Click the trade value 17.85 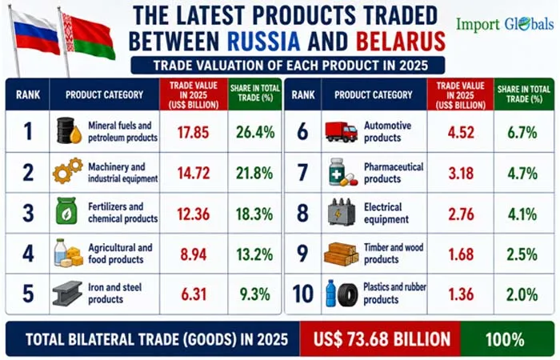(x=194, y=132)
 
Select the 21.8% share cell (x=254, y=174)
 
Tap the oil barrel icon (x=70, y=130)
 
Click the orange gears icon (x=68, y=170)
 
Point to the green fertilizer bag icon (x=66, y=211)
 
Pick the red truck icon (x=341, y=132)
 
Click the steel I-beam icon (x=67, y=293)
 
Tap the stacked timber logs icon (x=341, y=254)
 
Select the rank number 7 (x=302, y=173)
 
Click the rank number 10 (x=303, y=294)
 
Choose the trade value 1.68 (x=461, y=254)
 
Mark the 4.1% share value (x=522, y=214)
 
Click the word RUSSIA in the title (x=263, y=41)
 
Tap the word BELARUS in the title (x=401, y=41)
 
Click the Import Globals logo (x=505, y=24)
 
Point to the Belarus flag (x=88, y=36)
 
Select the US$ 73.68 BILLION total (x=382, y=339)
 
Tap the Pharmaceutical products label (x=394, y=173)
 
